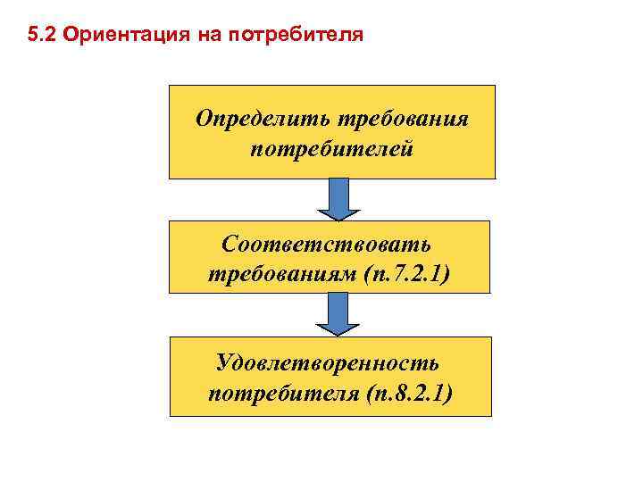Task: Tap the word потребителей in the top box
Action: (x=331, y=146)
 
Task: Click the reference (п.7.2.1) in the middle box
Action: (x=407, y=272)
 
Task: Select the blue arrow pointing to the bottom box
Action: (x=338, y=314)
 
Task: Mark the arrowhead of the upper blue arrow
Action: (x=338, y=212)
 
